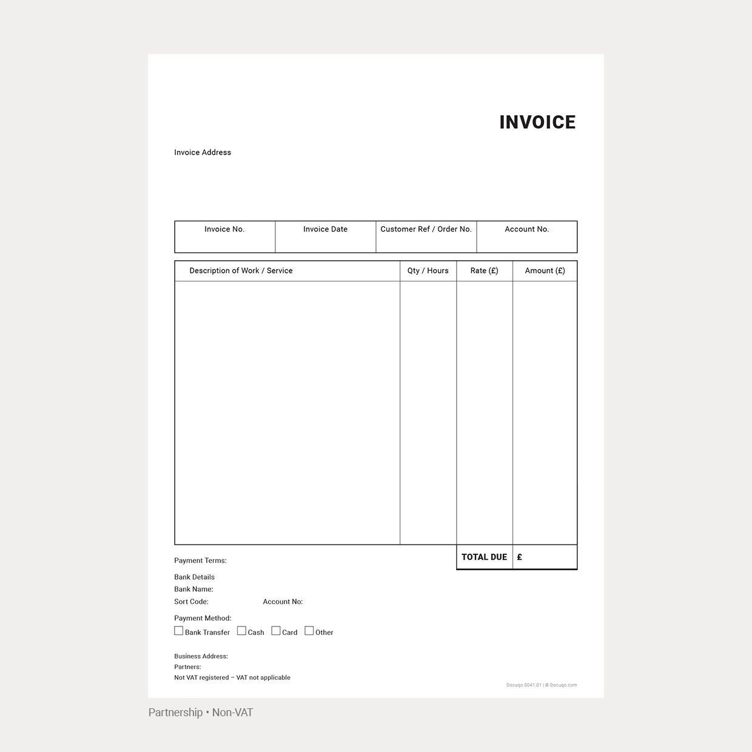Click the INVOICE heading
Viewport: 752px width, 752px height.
537,123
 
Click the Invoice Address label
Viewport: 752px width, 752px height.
203,152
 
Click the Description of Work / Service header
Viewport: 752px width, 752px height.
241,270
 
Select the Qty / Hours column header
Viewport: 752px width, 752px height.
428,270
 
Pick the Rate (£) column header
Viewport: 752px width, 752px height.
484,270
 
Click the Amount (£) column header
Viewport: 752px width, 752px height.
545,270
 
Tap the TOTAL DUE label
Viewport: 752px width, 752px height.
484,557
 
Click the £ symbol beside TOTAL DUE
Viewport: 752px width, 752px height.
520,557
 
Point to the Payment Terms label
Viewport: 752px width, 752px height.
200,560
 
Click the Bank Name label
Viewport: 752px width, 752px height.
193,589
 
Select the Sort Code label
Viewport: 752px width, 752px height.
191,602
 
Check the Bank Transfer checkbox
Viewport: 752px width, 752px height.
179,631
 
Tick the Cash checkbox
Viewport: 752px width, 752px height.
241,631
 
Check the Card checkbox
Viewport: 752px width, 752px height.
276,631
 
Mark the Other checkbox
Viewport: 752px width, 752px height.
309,631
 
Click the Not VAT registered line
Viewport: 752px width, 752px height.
232,677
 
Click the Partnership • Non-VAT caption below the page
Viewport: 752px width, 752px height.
201,713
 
